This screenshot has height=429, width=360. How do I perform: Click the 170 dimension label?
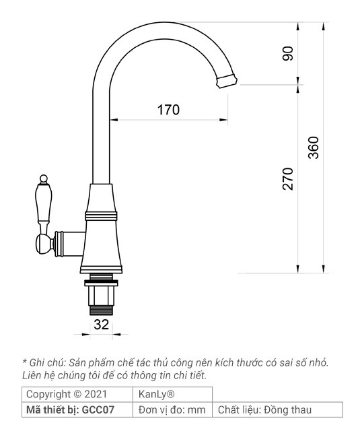click(168, 109)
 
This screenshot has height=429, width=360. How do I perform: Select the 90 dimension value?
click(289, 55)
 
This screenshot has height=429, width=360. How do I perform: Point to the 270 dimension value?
click(289, 178)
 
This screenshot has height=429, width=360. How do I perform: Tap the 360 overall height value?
click(314, 147)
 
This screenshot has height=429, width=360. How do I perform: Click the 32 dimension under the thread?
click(102, 324)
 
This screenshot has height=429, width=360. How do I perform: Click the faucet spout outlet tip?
click(227, 81)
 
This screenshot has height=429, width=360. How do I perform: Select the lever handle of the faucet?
click(44, 206)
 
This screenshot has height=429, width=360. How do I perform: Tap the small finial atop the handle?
click(44, 179)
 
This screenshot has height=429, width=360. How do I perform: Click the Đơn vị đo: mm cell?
click(172, 409)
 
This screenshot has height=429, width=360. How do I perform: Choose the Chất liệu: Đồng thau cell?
click(264, 409)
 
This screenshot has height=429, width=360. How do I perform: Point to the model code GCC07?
click(100, 409)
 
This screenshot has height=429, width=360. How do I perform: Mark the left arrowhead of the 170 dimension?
click(113, 121)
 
